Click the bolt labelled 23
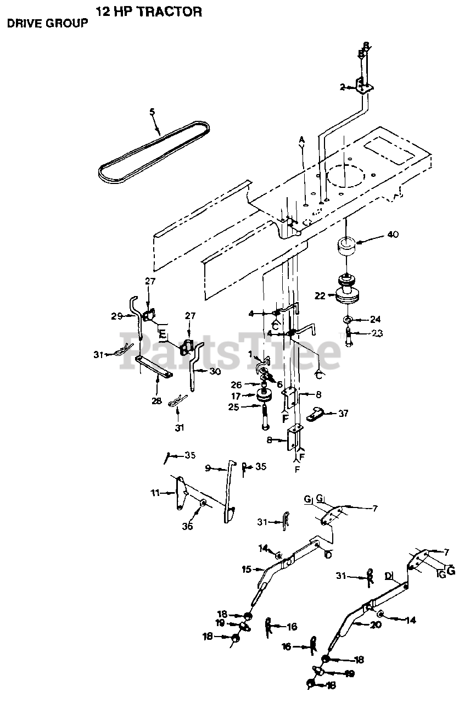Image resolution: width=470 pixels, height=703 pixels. point(347,336)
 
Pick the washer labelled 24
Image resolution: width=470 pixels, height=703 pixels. point(347,320)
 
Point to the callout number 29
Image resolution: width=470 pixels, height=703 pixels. point(116,316)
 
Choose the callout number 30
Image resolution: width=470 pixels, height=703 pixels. point(215,372)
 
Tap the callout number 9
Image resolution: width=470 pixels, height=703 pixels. point(208,468)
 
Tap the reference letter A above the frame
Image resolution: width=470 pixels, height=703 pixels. point(301,140)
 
